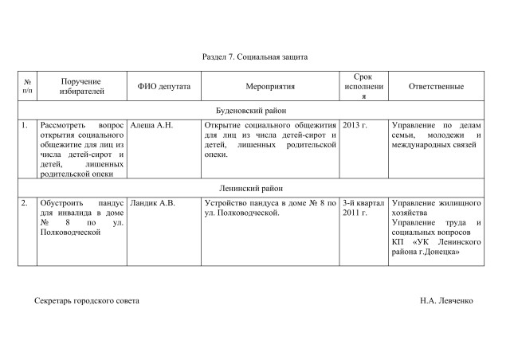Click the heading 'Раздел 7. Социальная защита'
tap(255, 57)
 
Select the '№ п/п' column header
tap(28, 87)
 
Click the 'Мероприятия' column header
tap(271, 87)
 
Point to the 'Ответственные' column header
tap(437, 87)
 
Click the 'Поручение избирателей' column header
tap(82, 87)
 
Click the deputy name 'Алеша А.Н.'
tap(151, 126)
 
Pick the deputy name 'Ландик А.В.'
tap(152, 204)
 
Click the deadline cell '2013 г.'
tap(355, 126)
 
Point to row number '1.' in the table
tap(25, 126)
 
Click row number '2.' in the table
tap(25, 204)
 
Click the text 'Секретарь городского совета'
tap(88, 302)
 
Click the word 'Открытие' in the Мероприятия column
tap(222, 126)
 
